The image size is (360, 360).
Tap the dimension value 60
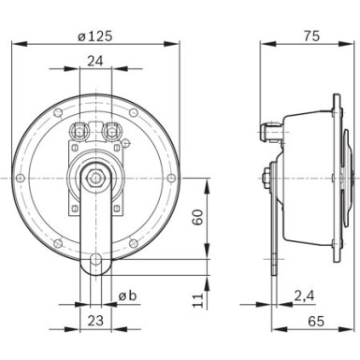click(197, 217)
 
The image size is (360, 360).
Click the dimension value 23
click(96, 321)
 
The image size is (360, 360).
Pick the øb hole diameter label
click(129, 297)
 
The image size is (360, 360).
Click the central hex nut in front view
click(96, 176)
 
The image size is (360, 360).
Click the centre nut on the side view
click(269, 176)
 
